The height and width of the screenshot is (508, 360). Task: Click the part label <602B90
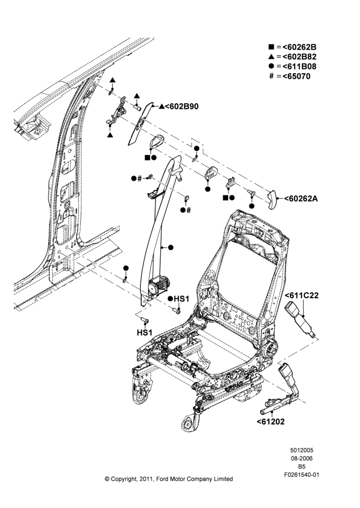182,106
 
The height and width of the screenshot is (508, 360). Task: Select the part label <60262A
301,199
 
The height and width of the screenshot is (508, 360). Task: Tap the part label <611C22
302,296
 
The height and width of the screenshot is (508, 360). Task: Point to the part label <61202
271,422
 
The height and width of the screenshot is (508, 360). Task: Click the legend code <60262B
299,47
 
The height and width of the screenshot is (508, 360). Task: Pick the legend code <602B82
299,57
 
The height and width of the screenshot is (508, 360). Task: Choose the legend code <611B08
299,67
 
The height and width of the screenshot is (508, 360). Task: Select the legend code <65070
296,77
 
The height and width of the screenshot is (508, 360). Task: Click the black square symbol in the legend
272,47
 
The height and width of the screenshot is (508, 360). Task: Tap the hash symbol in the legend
272,77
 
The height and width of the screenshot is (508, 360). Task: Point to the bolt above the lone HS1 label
144,321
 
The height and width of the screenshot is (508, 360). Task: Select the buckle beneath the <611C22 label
301,321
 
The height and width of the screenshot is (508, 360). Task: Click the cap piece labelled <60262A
272,200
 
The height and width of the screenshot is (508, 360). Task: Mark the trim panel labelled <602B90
140,123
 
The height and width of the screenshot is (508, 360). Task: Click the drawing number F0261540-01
302,475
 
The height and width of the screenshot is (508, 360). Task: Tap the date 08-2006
302,458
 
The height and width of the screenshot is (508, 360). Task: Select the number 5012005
302,450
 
